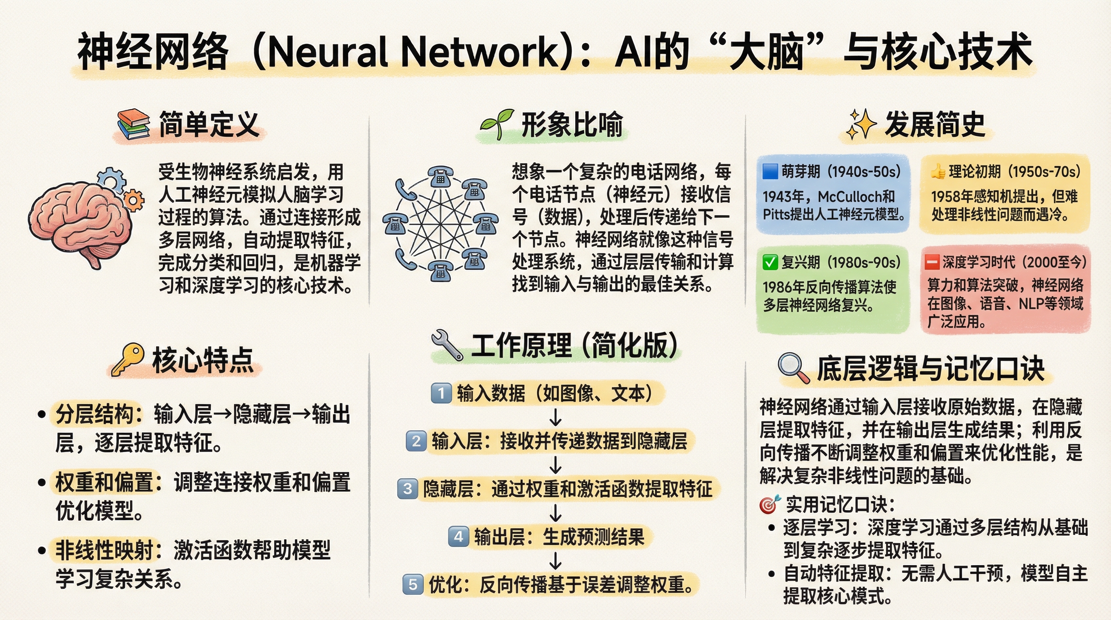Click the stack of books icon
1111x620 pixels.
coord(134,125)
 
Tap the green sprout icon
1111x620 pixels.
coord(497,124)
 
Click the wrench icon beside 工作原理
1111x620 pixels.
coord(447,345)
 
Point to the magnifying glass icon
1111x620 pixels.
coord(794,368)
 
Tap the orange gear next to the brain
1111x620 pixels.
coord(134,200)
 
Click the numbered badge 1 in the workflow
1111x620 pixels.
coord(441,393)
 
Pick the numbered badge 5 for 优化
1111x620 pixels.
coord(413,584)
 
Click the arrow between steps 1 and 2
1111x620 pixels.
coord(555,417)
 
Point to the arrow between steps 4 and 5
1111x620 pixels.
coord(555,561)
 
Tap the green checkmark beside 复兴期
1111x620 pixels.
coord(770,262)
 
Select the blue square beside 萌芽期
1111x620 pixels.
coord(770,171)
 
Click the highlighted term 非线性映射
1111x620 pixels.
coord(105,550)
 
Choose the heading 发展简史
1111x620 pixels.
coord(935,124)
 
